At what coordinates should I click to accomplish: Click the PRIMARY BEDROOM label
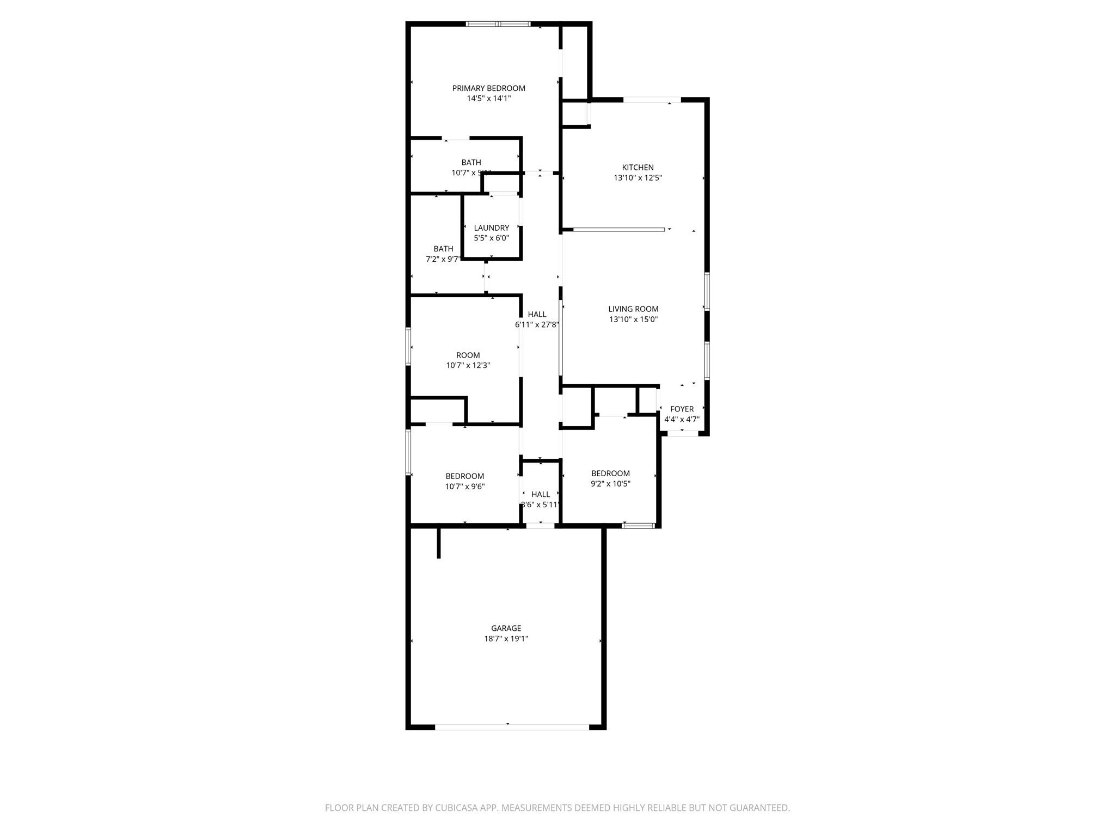tap(488, 88)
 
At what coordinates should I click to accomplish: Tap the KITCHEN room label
tap(638, 168)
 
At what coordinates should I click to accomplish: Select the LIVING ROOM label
tap(633, 309)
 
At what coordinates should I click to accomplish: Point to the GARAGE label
tap(506, 629)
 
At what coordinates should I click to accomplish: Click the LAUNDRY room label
tap(491, 228)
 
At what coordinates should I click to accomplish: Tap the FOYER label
tap(682, 409)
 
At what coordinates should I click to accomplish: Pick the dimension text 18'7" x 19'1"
tap(506, 639)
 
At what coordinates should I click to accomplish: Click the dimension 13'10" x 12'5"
tap(638, 178)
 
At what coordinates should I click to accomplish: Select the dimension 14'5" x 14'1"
tap(488, 99)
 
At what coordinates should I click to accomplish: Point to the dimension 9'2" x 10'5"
tap(610, 484)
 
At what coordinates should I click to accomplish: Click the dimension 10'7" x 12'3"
tap(468, 366)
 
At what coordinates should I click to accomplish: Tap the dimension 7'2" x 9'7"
tap(443, 260)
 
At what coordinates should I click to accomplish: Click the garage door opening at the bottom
tap(512, 727)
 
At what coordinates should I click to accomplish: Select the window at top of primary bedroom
tap(498, 24)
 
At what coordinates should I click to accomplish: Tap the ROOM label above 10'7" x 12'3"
tap(468, 355)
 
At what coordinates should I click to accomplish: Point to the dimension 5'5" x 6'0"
tap(491, 238)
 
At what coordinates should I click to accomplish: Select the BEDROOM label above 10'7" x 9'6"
tap(464, 476)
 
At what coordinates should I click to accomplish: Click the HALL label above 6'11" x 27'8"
tap(537, 315)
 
